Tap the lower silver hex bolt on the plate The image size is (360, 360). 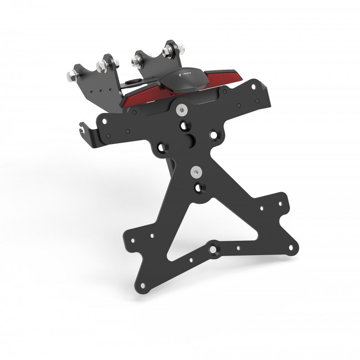click(197, 171)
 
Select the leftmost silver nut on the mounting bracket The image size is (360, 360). click(72, 75)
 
